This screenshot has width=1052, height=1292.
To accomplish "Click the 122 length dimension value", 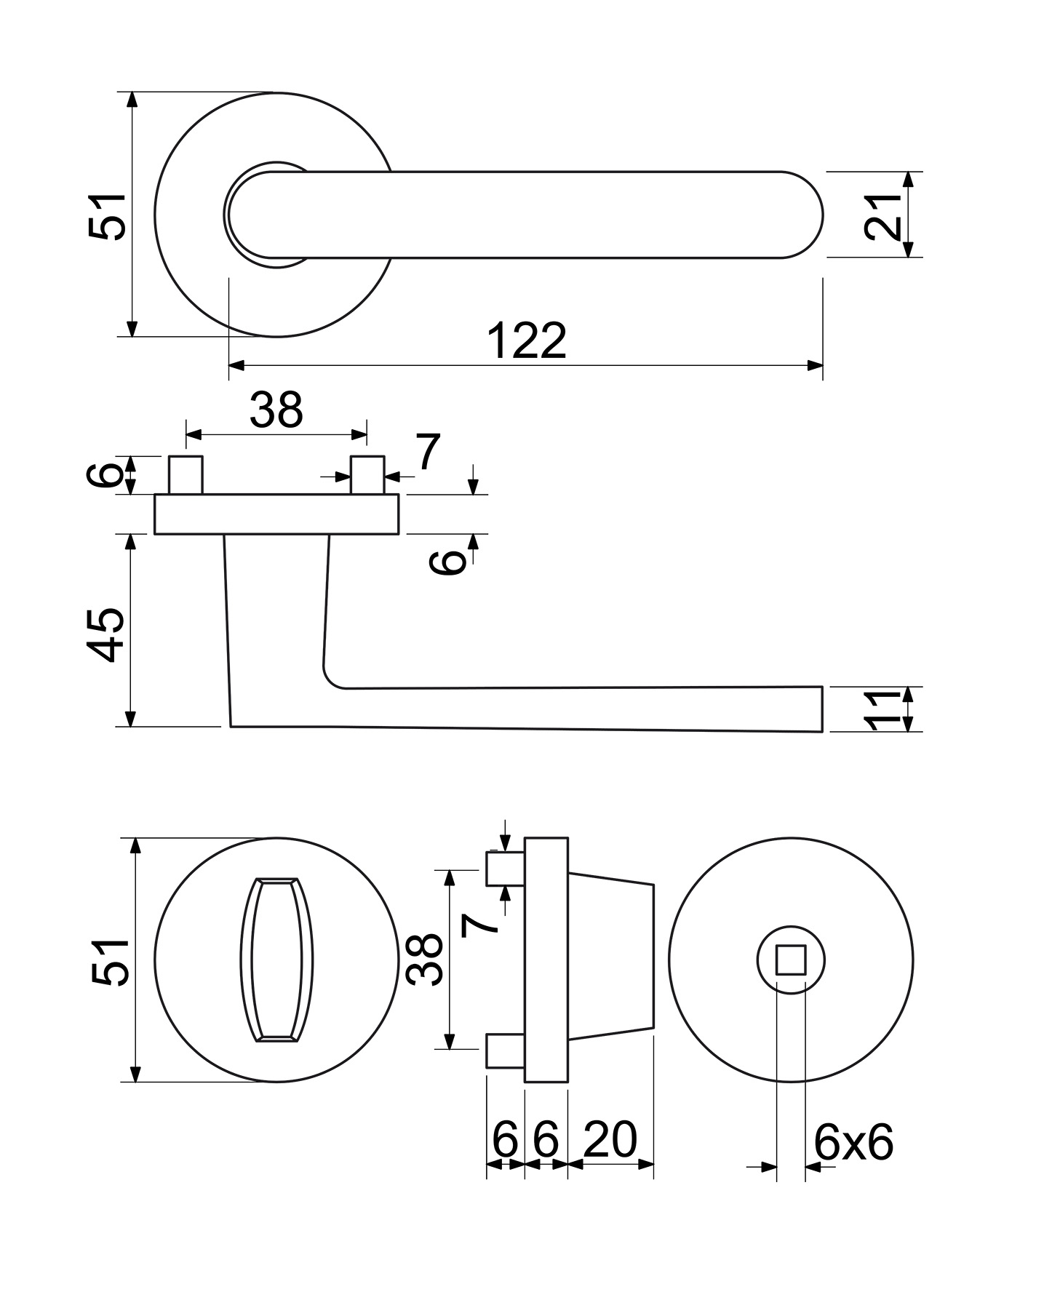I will [x=526, y=340].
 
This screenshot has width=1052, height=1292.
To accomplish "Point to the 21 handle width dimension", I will [x=882, y=216].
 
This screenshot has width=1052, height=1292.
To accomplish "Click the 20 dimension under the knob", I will [x=610, y=1139].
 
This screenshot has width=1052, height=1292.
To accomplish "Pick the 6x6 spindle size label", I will [x=853, y=1143].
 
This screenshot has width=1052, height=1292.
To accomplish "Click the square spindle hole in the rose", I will [x=791, y=960].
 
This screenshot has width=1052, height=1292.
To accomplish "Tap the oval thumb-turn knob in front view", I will [x=276, y=960].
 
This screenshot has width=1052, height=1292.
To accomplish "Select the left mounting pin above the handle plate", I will [x=185, y=475].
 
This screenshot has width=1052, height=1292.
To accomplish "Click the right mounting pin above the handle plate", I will [x=367, y=475].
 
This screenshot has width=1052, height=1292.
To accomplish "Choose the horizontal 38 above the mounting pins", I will [x=276, y=410].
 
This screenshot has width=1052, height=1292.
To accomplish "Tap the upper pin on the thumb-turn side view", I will [x=505, y=869].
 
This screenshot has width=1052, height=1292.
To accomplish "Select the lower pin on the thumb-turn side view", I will [x=505, y=1051].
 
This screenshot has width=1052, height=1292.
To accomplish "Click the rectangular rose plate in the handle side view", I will [x=276, y=514].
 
